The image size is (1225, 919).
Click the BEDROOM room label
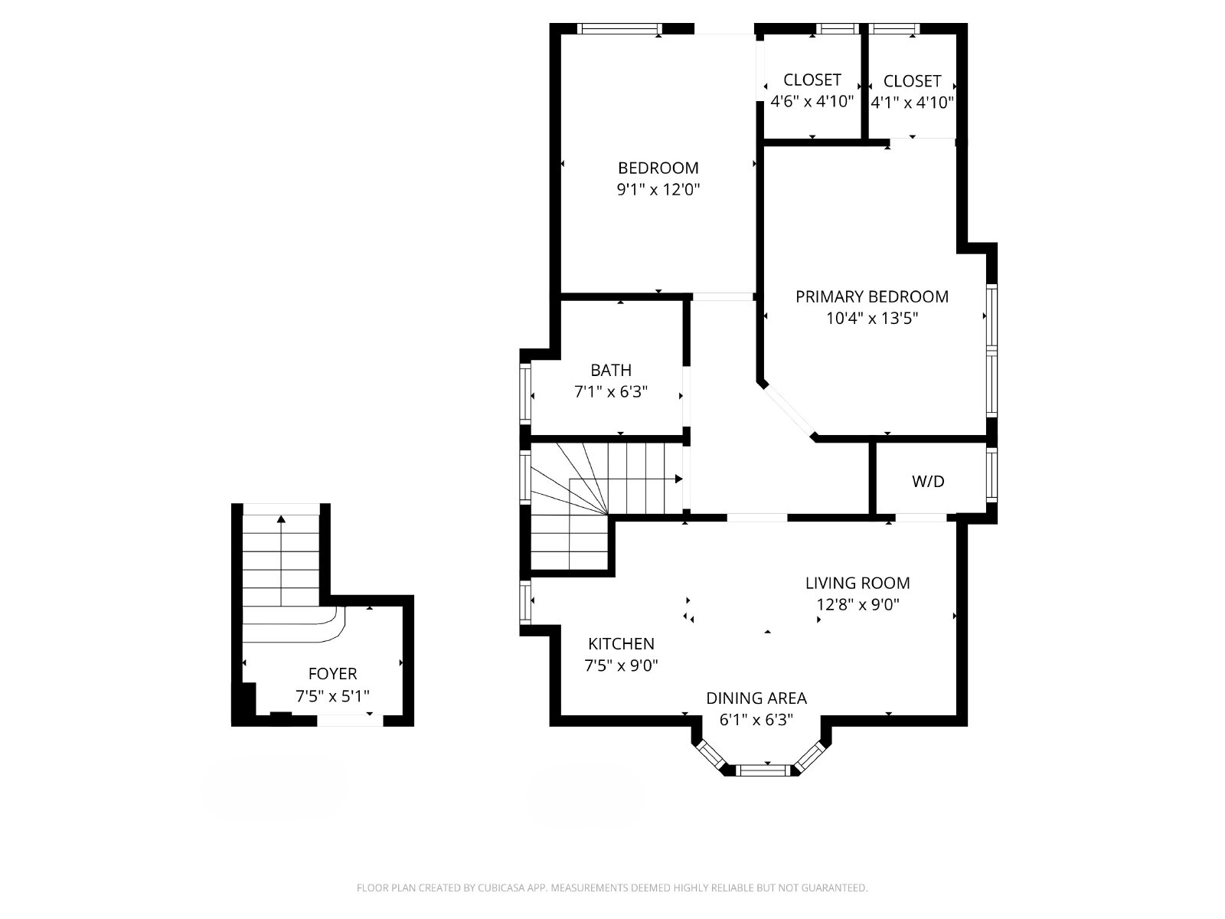pos(658,168)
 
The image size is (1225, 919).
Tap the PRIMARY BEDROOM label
pos(872,297)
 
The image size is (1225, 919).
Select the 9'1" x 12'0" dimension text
pos(658,190)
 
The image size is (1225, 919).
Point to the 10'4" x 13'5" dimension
pos(872,319)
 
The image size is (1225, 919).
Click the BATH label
pos(611,371)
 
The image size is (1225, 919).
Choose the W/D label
pos(928,482)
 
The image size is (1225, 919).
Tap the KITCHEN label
pos(621,644)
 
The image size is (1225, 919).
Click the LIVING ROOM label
pos(857,583)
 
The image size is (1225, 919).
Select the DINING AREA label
pos(756,698)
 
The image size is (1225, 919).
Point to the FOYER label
pos(332,674)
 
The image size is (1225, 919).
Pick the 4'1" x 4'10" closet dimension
pos(913,103)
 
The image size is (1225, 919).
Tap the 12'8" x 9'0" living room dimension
pos(857,605)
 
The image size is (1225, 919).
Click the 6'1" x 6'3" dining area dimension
pos(756,720)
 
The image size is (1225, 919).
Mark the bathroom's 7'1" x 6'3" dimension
pos(611,391)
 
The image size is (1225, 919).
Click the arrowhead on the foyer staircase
pos(281,519)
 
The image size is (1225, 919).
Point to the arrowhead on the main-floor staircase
pos(678,479)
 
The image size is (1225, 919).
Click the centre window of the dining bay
pos(763,770)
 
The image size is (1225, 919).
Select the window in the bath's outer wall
pos(524,392)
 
